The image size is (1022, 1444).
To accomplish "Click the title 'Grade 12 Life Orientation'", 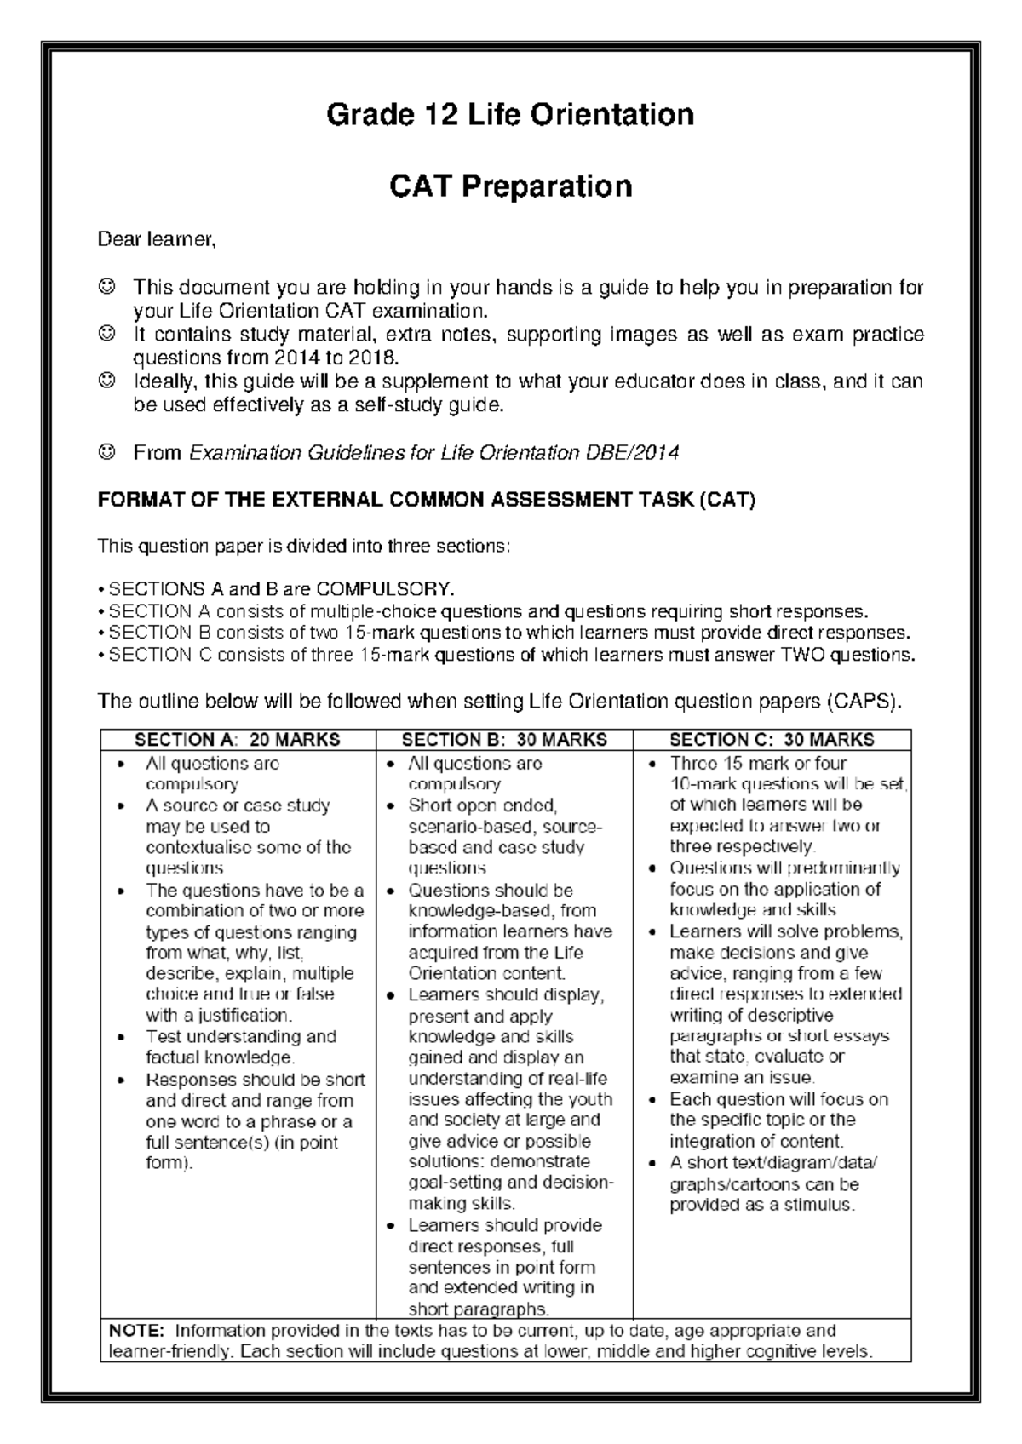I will [510, 114].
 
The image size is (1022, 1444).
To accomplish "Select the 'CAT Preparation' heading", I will [510, 186].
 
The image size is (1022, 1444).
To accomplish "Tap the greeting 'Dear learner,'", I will [158, 240].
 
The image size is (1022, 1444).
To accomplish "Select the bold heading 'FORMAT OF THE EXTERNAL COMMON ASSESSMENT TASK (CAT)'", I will [427, 500].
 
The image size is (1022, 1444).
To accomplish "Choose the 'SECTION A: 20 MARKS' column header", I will [238, 740].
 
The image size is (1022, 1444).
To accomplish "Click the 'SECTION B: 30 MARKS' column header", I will [504, 740].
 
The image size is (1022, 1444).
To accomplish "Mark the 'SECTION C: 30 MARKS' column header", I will [772, 740].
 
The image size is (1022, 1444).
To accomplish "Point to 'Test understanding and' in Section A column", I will [241, 1037].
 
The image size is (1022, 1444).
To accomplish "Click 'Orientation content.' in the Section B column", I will [486, 973].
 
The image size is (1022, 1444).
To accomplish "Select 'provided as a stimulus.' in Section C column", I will [761, 1205].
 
